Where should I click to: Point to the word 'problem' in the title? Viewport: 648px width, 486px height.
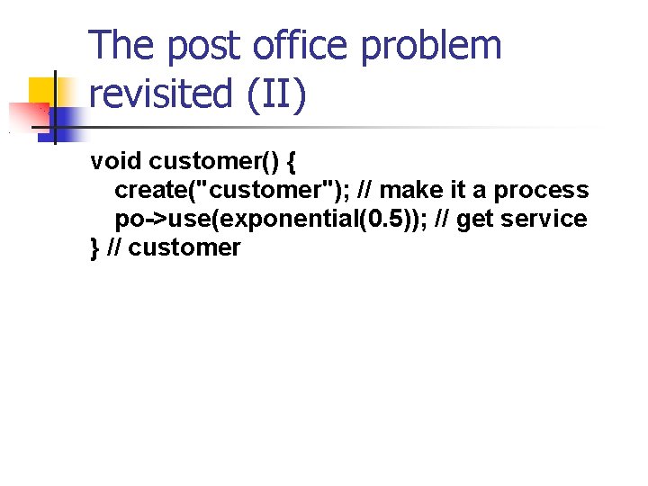431,47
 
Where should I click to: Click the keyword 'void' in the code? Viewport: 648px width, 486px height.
116,161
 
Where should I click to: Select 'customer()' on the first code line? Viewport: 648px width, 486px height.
212,162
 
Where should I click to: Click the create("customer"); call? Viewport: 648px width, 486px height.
231,190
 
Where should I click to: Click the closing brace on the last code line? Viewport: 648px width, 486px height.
94,247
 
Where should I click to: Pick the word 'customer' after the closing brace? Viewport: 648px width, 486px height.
184,247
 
